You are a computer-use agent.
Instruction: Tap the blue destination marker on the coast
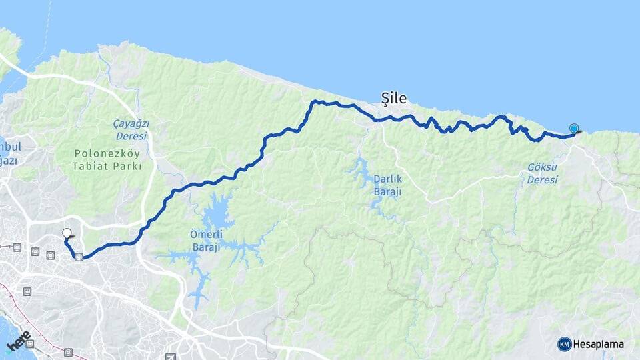point(573,128)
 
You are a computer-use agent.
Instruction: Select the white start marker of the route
point(67,233)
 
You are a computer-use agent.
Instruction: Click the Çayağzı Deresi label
point(130,130)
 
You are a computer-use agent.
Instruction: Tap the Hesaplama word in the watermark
point(599,344)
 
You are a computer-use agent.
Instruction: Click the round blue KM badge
point(565,344)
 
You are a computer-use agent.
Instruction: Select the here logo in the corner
point(18,341)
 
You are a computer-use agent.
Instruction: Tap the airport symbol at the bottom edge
point(171,357)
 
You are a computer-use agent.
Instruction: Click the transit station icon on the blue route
point(79,257)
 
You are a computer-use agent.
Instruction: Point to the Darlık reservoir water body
point(364,175)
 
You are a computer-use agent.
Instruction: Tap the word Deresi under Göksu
point(541,180)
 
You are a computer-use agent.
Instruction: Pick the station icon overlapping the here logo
point(30,343)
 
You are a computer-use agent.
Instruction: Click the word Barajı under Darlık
point(387,192)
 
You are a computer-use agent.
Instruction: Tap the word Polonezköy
point(107,153)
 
